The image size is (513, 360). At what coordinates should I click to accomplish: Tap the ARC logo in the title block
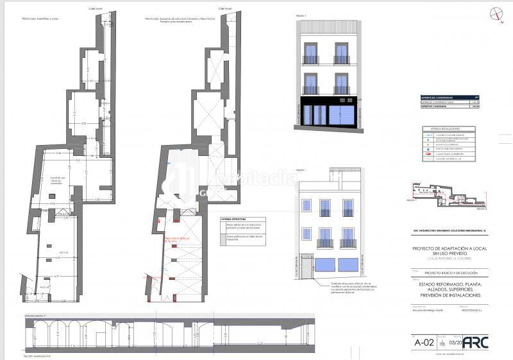475,342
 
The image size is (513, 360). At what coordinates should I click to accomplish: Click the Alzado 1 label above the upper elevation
301,15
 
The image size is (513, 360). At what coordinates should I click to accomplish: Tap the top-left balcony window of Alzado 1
310,54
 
